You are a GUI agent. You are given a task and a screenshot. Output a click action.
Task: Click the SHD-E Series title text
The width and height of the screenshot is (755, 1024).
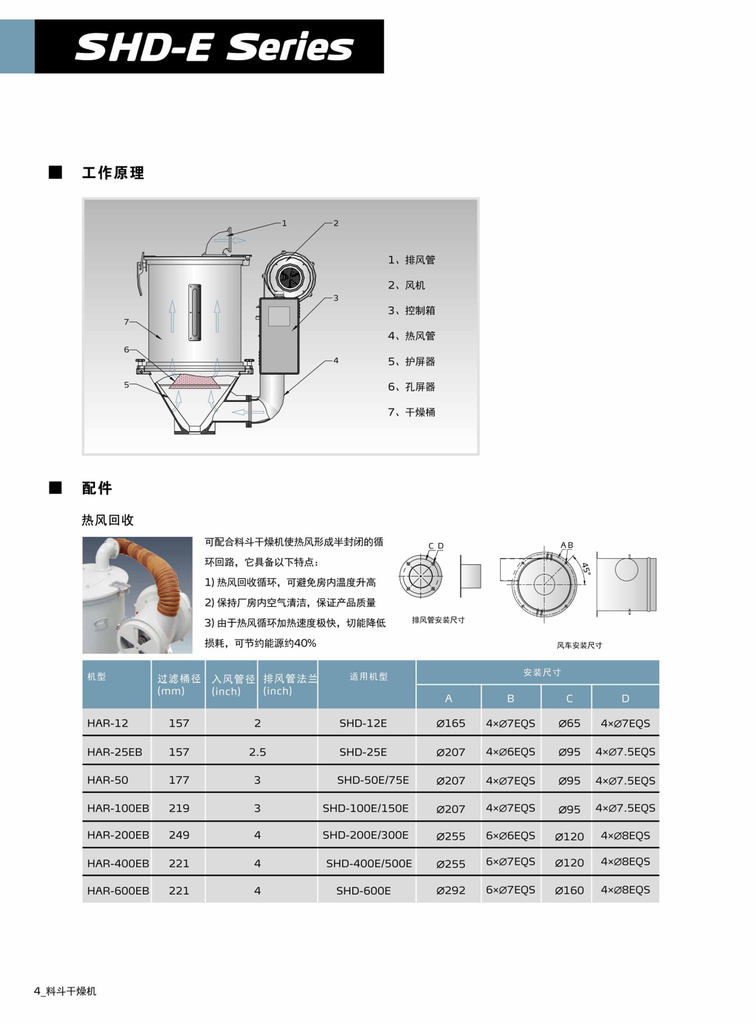point(214,47)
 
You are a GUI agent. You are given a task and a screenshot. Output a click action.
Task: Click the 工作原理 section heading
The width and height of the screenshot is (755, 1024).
point(113,173)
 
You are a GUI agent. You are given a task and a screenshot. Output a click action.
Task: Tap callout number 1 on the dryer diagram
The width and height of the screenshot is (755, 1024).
point(284,223)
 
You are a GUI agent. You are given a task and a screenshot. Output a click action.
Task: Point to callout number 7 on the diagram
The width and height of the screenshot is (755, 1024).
point(127,322)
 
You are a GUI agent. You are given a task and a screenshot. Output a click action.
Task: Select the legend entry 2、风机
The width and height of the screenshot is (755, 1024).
point(406,285)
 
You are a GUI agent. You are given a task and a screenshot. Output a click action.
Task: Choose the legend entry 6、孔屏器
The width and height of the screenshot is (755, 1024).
point(411,387)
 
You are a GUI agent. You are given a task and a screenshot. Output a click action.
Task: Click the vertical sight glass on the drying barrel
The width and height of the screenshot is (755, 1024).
point(195,312)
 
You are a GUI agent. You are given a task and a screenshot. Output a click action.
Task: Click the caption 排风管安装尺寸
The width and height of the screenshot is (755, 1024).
point(438,620)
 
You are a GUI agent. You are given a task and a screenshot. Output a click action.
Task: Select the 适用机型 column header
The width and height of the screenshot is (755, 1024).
point(368,677)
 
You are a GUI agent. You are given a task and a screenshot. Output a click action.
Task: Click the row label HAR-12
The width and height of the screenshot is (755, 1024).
point(107,723)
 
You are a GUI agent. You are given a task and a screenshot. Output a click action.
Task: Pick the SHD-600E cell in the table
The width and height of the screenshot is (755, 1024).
point(363,891)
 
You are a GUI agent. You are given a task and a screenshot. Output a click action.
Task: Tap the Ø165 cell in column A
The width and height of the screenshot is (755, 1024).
point(450,723)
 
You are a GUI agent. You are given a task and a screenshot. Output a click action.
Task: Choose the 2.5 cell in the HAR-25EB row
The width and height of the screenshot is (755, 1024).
point(257,752)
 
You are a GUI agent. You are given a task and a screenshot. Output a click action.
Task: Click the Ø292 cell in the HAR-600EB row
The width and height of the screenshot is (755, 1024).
point(450,891)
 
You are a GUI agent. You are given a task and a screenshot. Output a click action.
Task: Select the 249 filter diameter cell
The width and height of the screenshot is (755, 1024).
point(179,835)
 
